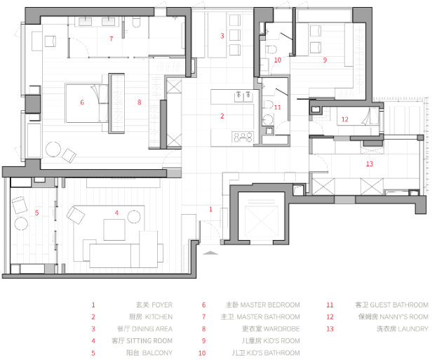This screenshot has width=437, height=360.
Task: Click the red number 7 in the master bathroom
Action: click(112, 39)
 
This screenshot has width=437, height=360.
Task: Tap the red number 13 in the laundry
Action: click(369, 164)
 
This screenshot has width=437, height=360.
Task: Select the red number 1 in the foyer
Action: click(210, 209)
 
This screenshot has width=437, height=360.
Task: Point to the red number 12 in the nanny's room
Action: click(344, 119)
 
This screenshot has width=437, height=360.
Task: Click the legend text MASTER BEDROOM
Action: click(270, 305)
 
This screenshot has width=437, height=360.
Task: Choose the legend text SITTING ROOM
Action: click(149, 341)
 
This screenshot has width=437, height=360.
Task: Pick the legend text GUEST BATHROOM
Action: click(399, 305)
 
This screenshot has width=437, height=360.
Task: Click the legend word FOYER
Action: click(162, 305)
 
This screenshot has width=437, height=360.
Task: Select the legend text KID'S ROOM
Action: click(281, 341)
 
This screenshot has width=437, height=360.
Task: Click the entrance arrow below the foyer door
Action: click(210, 253)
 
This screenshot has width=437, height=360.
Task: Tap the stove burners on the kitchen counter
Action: click(243, 137)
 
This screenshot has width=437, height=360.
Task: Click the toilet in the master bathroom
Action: click(136, 22)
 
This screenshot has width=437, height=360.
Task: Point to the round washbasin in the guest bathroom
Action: click(267, 119)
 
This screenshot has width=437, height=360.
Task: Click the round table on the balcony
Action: click(21, 224)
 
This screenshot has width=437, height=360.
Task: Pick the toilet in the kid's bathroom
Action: click(271, 49)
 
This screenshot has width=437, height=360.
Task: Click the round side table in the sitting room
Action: click(134, 216)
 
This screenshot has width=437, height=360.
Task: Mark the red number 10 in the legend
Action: click(202, 353)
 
